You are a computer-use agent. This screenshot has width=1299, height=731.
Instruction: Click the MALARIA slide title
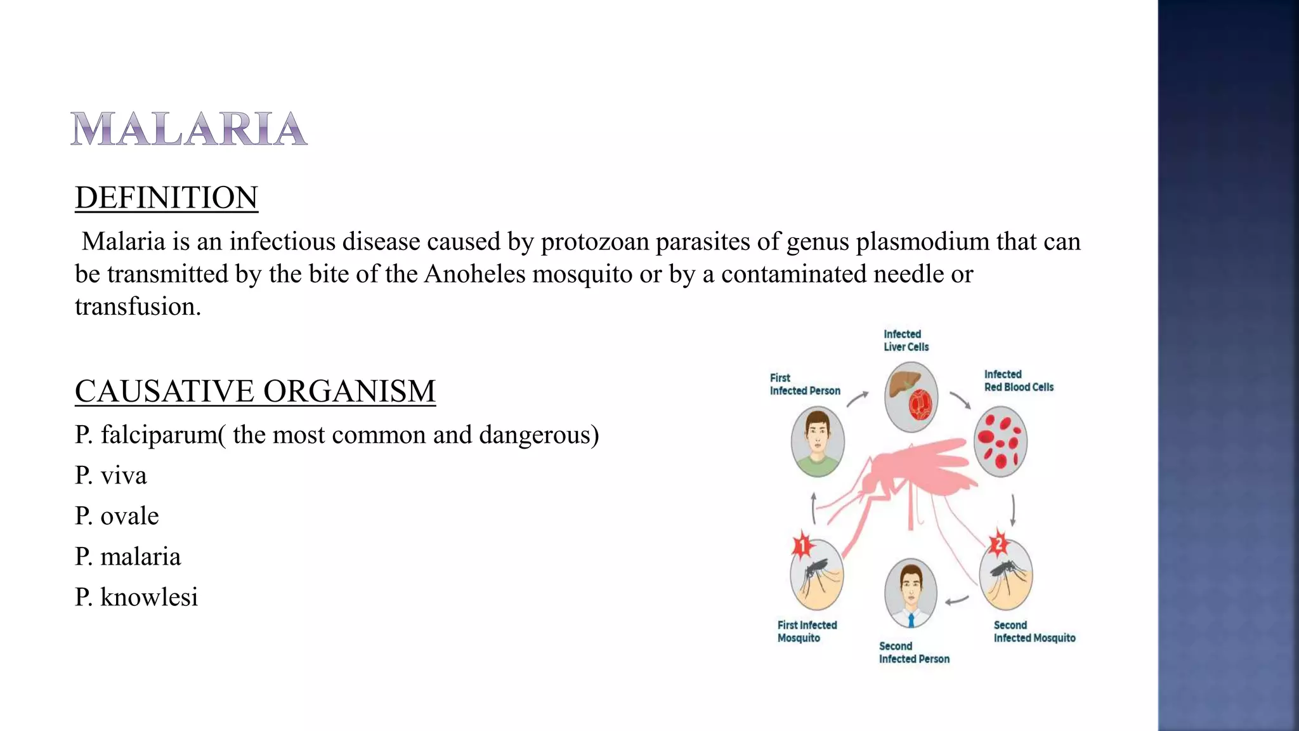[189, 129]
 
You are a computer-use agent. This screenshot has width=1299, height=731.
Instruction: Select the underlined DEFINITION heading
[166, 197]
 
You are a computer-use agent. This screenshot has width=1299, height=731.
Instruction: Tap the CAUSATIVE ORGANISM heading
[255, 391]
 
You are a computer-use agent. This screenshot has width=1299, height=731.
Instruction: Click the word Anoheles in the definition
[475, 274]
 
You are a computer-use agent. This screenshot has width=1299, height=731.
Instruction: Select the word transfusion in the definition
[137, 306]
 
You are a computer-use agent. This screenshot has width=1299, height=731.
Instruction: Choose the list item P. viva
[111, 475]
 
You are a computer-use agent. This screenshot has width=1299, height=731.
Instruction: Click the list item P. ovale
[117, 516]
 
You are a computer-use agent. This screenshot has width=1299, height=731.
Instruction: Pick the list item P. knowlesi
[136, 597]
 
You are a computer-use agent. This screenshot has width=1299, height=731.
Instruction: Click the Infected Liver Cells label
[906, 341]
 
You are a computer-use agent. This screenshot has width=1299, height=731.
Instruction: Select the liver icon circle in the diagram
[911, 397]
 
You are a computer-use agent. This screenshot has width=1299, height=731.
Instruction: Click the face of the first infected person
[818, 436]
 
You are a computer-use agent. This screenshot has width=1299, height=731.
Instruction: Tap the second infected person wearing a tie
[911, 593]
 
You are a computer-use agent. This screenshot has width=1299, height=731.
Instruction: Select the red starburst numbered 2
[999, 543]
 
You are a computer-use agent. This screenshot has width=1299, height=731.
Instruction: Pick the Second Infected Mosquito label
[1034, 631]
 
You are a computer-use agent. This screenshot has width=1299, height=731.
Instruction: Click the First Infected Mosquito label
[807, 631]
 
